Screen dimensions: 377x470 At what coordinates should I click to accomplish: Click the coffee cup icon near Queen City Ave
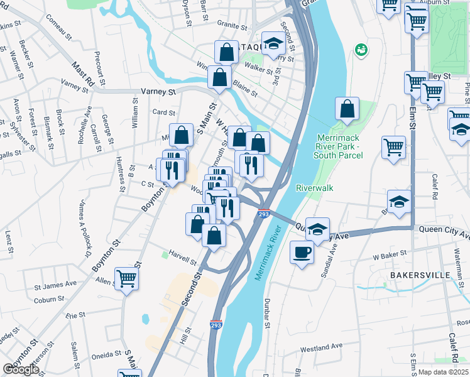(x=302, y=253)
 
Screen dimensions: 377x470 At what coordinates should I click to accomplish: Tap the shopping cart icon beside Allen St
(x=127, y=278)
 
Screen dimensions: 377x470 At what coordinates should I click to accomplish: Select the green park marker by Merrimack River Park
(x=361, y=49)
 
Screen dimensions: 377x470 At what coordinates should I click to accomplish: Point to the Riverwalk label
(x=315, y=188)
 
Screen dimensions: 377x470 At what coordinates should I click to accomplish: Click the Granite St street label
(x=232, y=26)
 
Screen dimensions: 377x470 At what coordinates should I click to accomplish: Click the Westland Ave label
(x=321, y=346)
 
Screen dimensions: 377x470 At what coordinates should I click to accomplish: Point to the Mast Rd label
(x=82, y=74)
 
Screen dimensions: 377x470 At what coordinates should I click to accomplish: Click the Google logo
(x=21, y=369)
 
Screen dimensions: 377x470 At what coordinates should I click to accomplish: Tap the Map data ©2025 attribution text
(x=444, y=372)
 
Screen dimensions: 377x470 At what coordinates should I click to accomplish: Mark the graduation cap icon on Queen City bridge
(x=318, y=229)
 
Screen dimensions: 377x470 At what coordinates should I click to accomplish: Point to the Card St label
(x=163, y=112)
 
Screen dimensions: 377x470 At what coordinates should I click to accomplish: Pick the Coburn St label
(x=46, y=300)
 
